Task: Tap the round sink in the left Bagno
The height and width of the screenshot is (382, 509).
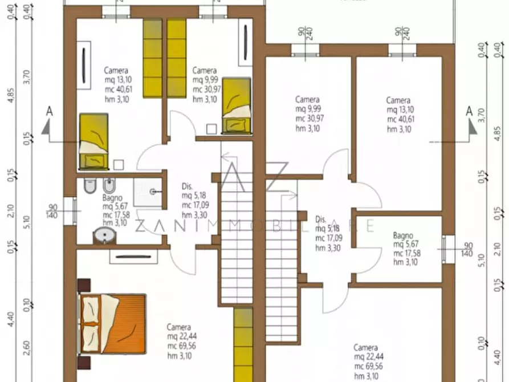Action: click(104, 234)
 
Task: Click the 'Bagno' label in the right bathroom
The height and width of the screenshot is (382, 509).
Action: click(403, 235)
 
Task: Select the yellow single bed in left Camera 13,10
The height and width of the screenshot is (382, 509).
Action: click(93, 140)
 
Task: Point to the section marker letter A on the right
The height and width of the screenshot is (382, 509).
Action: click(469, 110)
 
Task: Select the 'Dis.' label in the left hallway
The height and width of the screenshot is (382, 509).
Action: click(187, 186)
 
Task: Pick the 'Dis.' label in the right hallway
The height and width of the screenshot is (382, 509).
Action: click(320, 220)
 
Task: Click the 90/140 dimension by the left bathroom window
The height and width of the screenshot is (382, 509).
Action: click(54, 211)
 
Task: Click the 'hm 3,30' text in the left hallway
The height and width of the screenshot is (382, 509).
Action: click(193, 215)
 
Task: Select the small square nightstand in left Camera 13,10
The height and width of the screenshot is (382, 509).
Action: click(119, 165)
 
